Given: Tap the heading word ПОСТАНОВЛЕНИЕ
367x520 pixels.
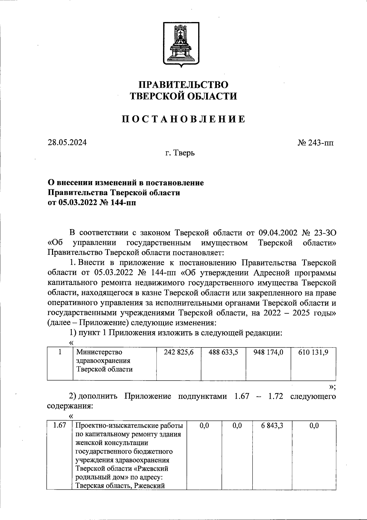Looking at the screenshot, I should click(183, 119).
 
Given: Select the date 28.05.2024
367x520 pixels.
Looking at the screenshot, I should click(67, 142).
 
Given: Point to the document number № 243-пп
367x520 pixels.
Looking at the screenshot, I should click(316, 143).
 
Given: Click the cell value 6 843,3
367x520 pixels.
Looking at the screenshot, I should click(272, 425).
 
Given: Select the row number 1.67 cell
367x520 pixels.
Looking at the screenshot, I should click(59, 425).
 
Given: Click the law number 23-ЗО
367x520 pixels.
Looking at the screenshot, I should click(325, 233).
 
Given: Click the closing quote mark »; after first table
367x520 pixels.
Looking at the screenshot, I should click(332, 387).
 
